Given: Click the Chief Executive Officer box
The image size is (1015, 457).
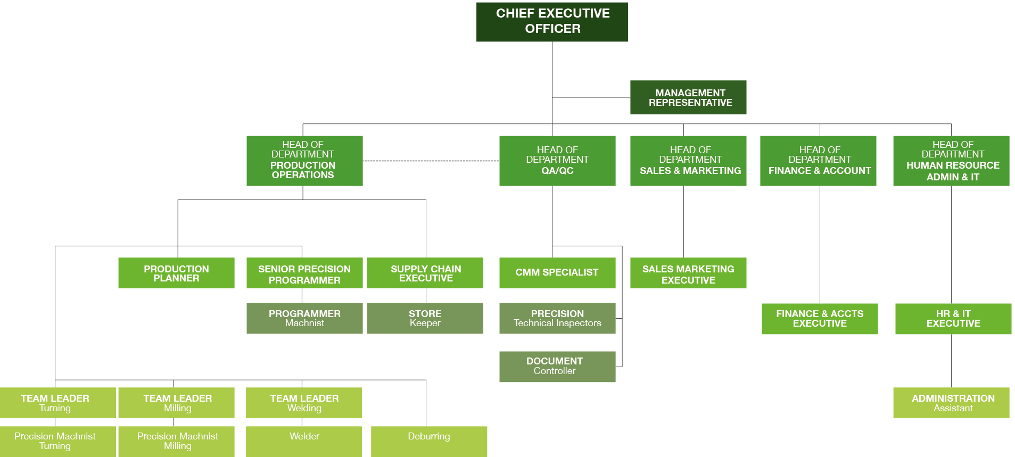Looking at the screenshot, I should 552,22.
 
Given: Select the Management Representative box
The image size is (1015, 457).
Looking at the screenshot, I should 688,97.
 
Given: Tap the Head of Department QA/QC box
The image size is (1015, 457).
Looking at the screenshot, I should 557,161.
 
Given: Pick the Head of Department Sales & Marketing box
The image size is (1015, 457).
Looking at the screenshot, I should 688,161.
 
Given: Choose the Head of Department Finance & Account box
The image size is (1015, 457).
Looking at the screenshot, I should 818,161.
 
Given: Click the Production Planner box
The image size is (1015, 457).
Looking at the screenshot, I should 176,273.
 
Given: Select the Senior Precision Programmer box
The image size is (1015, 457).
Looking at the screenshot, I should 304,273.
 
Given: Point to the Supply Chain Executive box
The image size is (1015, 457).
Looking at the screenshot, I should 425,273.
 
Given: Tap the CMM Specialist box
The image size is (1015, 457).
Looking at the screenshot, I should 557,273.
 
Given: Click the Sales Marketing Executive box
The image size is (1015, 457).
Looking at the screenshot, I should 688,273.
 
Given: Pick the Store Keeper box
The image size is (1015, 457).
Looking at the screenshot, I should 425,318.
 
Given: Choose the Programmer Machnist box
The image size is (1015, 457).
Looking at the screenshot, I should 304,318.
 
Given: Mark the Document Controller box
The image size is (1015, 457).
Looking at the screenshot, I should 557,367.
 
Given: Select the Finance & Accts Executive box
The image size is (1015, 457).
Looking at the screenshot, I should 820,319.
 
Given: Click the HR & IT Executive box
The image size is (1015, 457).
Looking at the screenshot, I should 953,319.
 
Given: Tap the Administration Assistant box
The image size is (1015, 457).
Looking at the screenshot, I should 951,403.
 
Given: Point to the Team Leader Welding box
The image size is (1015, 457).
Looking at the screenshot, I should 304,403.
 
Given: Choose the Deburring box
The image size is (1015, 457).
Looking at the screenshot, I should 429,441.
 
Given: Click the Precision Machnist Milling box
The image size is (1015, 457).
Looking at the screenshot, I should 176,441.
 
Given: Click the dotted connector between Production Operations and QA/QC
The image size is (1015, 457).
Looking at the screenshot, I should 431,161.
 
